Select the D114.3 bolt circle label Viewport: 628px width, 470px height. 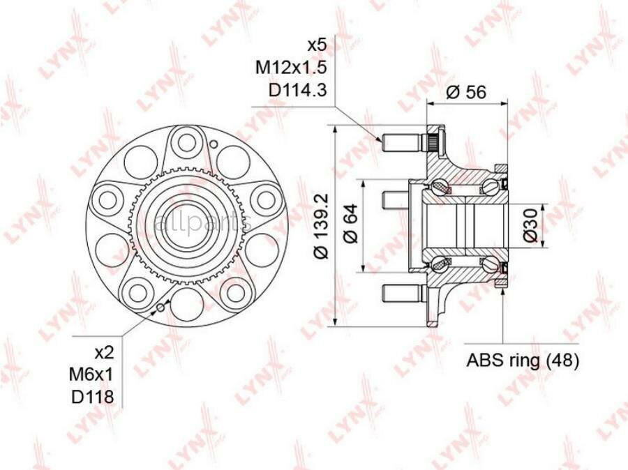(297, 91)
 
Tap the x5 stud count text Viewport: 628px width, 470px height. (317, 45)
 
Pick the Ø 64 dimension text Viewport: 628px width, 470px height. (350, 223)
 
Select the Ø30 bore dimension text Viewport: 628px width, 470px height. (530, 225)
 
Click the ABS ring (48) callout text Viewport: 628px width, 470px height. (523, 361)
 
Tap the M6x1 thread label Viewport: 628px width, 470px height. (91, 375)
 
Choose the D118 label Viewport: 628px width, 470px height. (93, 397)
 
